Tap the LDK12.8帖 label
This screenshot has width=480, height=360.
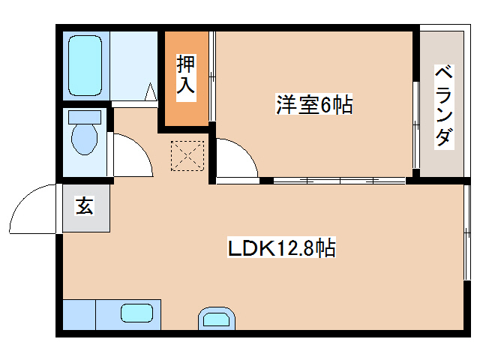(x=281, y=247)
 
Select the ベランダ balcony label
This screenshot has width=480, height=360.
(x=444, y=106)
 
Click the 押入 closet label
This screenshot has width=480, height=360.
(x=185, y=75)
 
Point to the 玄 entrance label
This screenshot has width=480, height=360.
(x=84, y=206)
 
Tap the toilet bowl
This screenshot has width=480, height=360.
(x=84, y=139)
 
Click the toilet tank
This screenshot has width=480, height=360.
(x=84, y=117)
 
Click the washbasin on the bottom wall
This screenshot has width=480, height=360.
(x=217, y=319)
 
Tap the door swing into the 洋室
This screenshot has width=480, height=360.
(x=236, y=159)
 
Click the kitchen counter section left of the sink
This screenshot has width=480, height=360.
(x=79, y=314)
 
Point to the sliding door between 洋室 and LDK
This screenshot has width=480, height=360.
(x=337, y=180)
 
